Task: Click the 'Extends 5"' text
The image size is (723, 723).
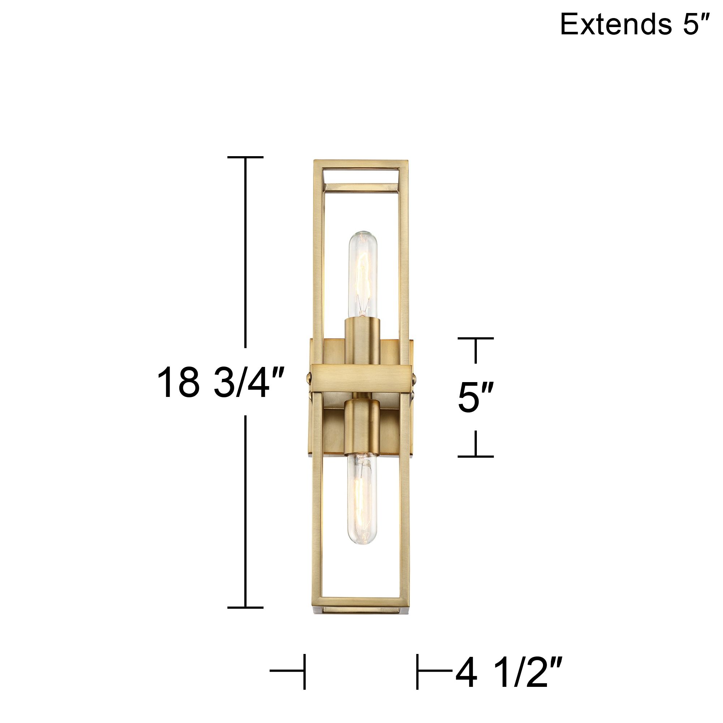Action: pos(634,24)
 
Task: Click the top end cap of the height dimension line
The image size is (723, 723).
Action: pos(245,157)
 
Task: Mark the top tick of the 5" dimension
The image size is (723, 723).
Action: pos(475,338)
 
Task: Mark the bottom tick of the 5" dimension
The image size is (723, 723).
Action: pos(475,457)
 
